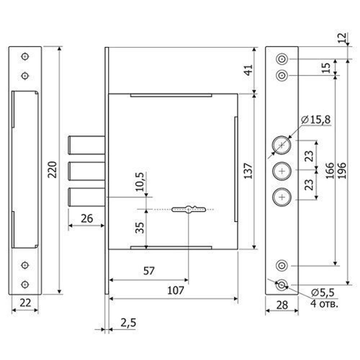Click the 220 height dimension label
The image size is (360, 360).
[53, 170]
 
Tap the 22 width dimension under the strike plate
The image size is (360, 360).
[25, 303]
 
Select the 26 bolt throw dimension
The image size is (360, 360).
[87, 219]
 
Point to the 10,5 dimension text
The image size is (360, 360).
[140, 181]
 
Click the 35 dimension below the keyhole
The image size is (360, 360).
[140, 228]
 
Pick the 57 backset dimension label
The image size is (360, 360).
[149, 271]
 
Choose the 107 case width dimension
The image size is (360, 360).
[176, 291]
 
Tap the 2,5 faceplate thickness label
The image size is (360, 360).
[129, 323]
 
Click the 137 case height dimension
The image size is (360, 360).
[248, 171]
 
